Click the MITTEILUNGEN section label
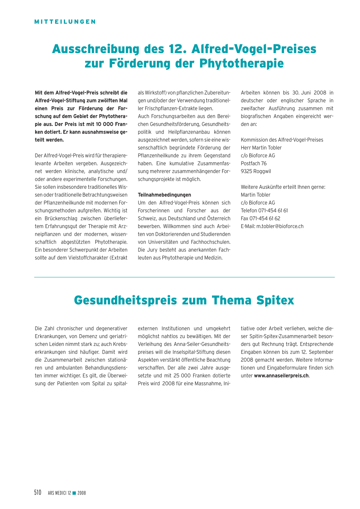coord(65,22)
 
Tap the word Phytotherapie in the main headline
coord(242,64)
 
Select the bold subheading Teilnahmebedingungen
coord(165,195)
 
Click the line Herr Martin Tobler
coord(261,148)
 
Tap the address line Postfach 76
coord(253,163)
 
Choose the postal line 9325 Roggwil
coord(256,171)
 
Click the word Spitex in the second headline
coord(275,301)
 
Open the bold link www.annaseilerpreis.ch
coord(281,375)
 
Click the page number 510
coord(38,492)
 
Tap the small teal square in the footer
coord(74,493)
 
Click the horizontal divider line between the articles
coord(184,277)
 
